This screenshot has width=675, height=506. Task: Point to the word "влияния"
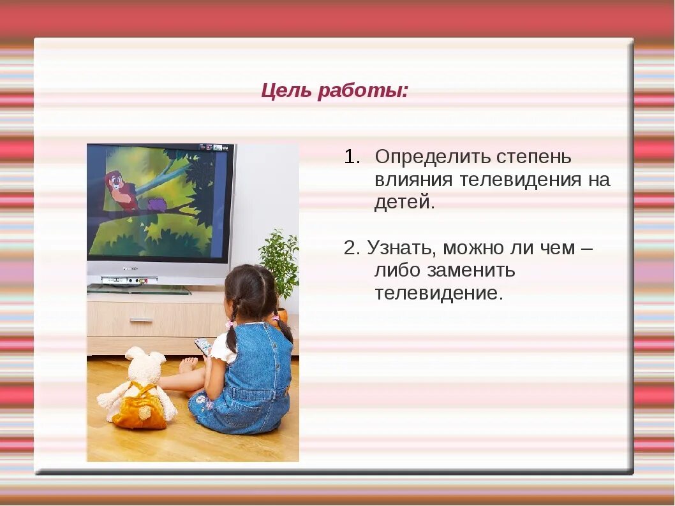tap(413, 180)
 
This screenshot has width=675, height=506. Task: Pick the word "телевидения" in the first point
tap(517, 180)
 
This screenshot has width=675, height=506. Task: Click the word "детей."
tap(404, 203)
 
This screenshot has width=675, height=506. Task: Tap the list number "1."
tap(352, 157)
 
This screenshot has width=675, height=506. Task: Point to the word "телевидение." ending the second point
tap(439, 294)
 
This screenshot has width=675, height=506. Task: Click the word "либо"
tap(396, 271)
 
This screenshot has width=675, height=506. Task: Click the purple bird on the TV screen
tap(157, 204)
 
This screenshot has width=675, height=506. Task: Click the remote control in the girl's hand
tap(202, 346)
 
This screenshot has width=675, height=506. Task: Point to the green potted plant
tap(279, 261)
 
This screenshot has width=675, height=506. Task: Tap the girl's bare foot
tap(188, 365)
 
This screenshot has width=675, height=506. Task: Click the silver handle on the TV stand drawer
tap(141, 320)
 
